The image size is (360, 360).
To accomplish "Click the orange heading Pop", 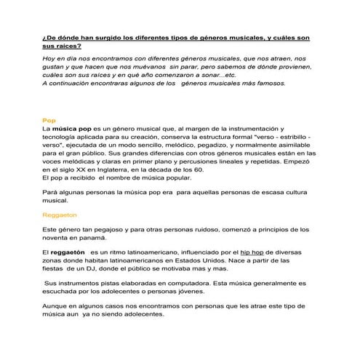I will point(49,119).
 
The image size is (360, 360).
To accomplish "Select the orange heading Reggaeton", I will point(60,215).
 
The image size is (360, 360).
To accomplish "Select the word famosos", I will point(271,82).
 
